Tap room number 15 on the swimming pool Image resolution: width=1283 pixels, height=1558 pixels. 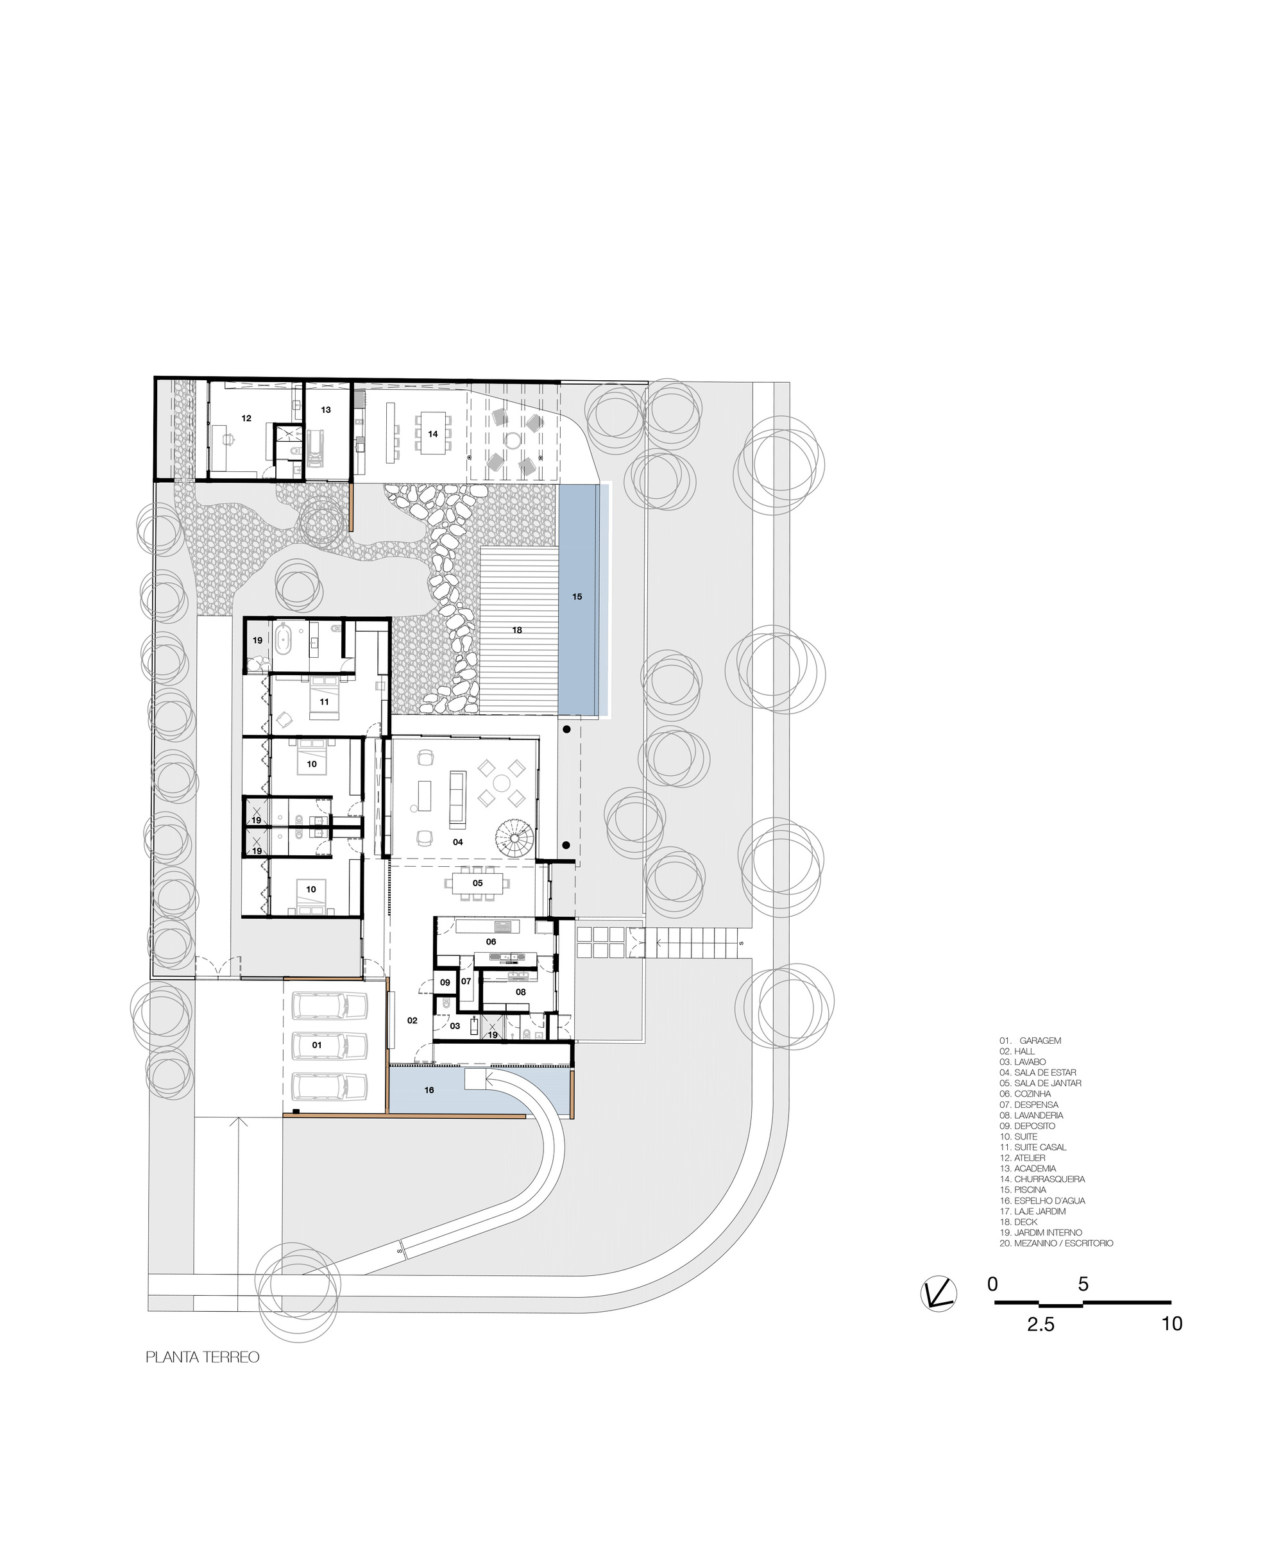(x=577, y=596)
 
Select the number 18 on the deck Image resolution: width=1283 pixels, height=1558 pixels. (x=517, y=630)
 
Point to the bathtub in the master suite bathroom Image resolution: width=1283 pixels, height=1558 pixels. (x=284, y=639)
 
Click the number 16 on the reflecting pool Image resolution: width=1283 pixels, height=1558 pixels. (x=429, y=1090)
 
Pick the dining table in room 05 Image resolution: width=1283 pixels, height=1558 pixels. (x=477, y=883)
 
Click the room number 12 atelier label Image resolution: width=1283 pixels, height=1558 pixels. (x=246, y=418)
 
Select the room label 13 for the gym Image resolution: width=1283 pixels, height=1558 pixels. (x=326, y=409)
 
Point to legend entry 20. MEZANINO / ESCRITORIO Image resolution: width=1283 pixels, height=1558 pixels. (x=1056, y=1243)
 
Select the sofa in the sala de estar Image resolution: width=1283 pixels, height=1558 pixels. (x=457, y=798)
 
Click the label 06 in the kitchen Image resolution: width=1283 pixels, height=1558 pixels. (x=491, y=942)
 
